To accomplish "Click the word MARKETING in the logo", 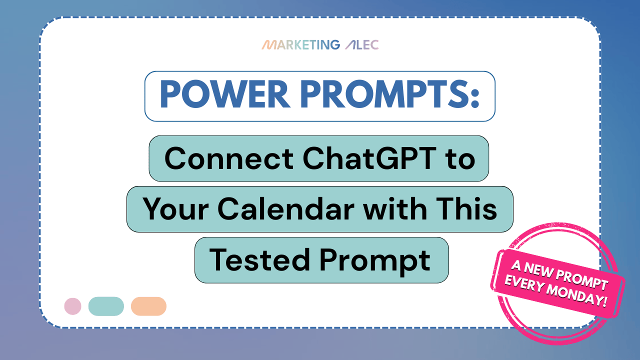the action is (x=301, y=45).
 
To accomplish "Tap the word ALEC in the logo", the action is (x=361, y=45).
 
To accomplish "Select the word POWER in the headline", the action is (x=225, y=94).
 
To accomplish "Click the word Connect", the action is (x=229, y=158).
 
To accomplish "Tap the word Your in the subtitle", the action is (x=175, y=209).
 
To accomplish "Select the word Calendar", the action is (x=286, y=208).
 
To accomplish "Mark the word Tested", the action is (x=259, y=259).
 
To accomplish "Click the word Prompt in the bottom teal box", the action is (x=375, y=261).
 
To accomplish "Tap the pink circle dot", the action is (x=73, y=306).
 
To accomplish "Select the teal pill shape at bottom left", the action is (x=106, y=306).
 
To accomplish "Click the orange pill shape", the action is (x=148, y=306).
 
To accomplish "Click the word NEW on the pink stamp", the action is (x=538, y=269).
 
